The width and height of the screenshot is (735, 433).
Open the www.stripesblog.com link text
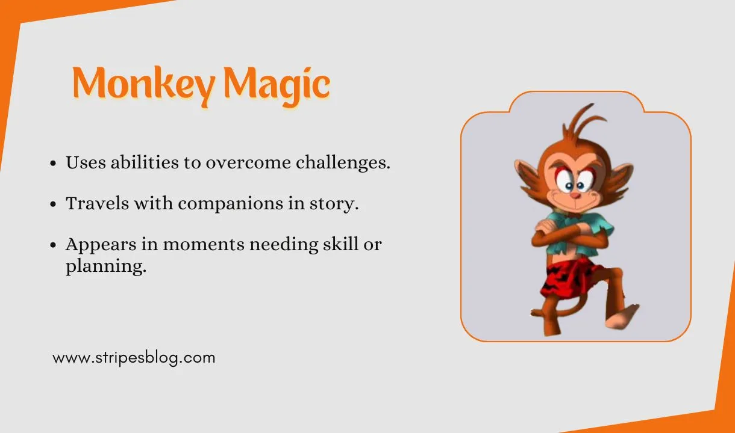[134, 358]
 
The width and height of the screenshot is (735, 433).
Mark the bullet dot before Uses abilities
[54, 164]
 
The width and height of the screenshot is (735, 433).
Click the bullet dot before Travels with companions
[54, 204]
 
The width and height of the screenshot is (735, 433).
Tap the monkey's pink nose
[576, 195]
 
